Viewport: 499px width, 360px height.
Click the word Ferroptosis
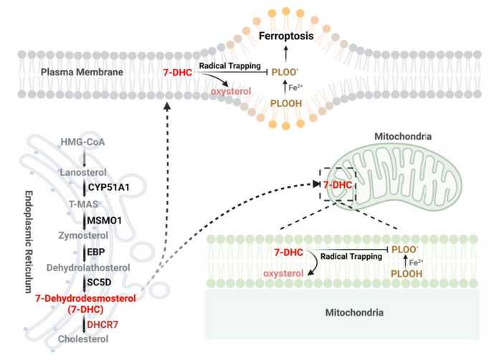pos(286,36)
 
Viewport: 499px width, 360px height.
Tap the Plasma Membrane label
pos(82,72)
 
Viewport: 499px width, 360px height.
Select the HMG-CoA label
pos(82,142)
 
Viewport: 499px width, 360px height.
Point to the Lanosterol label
pos(83,173)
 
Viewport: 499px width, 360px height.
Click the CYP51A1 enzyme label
pos(109,187)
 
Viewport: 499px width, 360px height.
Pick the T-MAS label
pos(84,204)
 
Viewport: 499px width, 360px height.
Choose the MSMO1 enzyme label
pos(105,220)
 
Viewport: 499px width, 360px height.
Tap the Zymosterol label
pos(83,235)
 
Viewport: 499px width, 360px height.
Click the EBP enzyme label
pos(96,252)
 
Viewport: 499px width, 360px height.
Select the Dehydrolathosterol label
pos(88,267)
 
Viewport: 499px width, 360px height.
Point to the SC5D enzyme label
pos(99,282)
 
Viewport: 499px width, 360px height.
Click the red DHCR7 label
pos(103,325)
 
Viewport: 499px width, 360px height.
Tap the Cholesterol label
pos(83,339)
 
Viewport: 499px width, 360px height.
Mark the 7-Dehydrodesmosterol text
pos(85,298)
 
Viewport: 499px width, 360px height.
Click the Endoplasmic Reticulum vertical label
pos(29,242)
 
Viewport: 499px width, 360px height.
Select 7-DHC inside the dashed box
pos(338,185)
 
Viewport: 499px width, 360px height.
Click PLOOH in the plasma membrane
pos(286,103)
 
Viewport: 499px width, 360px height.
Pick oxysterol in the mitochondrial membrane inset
pos(283,273)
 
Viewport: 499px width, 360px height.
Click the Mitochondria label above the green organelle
pos(403,136)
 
